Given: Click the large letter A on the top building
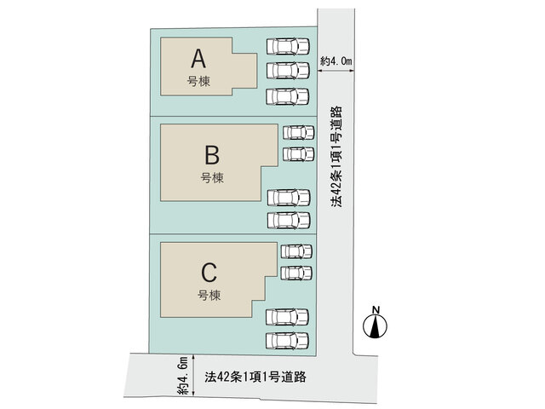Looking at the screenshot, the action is point(198,59).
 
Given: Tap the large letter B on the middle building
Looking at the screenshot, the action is point(212,155).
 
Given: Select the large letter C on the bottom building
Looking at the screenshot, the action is point(209,273).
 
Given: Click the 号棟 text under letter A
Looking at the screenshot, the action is point(198,82).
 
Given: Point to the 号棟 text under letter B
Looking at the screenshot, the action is point(212,178).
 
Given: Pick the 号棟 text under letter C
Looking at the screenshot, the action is point(209,296).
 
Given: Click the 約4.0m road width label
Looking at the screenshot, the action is point(336,61).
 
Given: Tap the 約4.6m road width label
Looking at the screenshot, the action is point(182,376).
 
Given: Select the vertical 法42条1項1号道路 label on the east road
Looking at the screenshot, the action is point(336,157).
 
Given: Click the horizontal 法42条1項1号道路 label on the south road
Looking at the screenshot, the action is point(255,377).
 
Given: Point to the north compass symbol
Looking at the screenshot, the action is point(376,326).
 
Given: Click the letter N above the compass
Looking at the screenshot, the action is point(376,309).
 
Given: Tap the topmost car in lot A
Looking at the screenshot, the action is point(288,46).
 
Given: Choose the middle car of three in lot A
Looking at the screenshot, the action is point(288,71).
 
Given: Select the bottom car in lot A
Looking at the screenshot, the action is point(288,96).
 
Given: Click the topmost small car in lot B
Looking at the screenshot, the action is point(299,133).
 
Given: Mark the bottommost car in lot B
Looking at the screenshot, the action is point(289,220).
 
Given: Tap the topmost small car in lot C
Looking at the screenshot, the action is point(296,251).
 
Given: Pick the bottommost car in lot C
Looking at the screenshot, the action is point(288,341).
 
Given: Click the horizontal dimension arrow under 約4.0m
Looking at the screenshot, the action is point(336,71).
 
